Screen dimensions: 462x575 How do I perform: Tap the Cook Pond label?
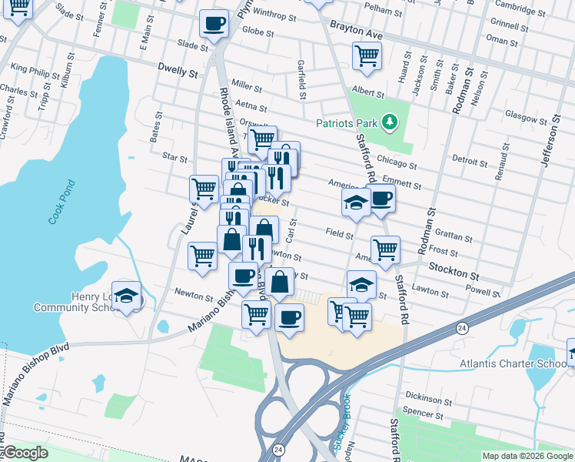click(62, 203)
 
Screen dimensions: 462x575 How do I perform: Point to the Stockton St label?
click(454, 274)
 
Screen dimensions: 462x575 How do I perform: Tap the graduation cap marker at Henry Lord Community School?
click(128, 296)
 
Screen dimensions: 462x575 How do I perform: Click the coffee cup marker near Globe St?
click(214, 23)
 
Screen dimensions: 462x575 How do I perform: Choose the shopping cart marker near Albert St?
click(367, 55)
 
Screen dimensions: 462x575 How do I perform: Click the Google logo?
click(26, 453)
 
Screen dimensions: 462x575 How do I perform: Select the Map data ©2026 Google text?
click(527, 456)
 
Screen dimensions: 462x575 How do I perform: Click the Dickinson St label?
click(429, 399)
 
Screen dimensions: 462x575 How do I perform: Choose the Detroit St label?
click(470, 161)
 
